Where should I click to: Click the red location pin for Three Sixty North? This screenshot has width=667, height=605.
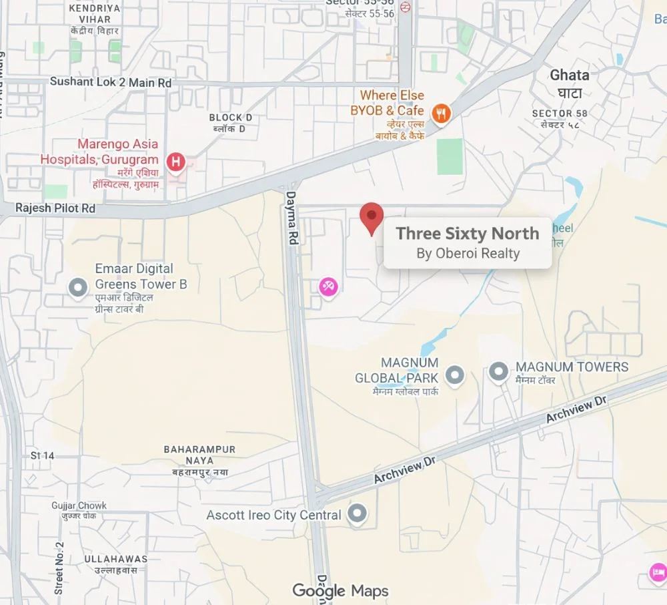click(372, 217)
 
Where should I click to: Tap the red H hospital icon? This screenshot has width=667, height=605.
click(175, 161)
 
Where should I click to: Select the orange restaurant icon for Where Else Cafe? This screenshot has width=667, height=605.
click(440, 114)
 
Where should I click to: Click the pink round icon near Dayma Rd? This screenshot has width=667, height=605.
click(328, 287)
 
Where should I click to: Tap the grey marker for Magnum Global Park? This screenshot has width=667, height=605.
click(455, 375)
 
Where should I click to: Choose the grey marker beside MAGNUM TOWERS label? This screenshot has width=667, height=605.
click(498, 371)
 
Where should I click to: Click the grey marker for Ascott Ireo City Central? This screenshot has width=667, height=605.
click(358, 514)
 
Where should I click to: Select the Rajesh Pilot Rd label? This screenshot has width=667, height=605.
click(55, 208)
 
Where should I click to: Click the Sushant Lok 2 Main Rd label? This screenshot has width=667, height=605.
click(111, 82)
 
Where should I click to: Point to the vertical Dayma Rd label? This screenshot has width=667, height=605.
click(291, 218)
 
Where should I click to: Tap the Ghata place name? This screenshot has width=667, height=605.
click(569, 75)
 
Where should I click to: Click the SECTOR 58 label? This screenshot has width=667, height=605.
click(561, 114)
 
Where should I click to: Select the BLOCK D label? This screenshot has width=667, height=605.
click(231, 118)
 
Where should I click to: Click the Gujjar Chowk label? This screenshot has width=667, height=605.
click(79, 506)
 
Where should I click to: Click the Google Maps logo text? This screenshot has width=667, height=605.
click(340, 590)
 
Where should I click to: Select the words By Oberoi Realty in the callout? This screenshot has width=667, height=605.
click(468, 253)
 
